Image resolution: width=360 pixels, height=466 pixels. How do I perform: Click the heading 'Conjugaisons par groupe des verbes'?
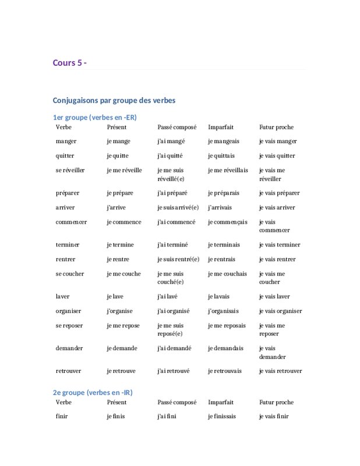click(x=114, y=100)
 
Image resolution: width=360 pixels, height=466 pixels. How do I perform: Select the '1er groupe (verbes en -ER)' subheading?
click(x=94, y=117)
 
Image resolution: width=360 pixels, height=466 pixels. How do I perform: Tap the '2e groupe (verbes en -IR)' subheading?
click(x=93, y=393)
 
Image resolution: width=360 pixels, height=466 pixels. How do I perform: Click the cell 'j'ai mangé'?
click(x=172, y=141)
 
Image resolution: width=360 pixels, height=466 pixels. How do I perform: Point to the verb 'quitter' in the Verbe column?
click(x=65, y=156)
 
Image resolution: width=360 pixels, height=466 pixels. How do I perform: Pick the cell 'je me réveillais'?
click(x=228, y=170)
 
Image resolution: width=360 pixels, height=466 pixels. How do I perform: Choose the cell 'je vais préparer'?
click(x=280, y=193)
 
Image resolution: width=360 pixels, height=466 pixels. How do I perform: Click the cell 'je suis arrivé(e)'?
click(x=178, y=207)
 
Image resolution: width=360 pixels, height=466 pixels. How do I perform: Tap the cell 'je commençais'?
click(x=228, y=222)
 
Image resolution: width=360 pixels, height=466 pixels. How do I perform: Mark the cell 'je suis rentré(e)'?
click(x=178, y=259)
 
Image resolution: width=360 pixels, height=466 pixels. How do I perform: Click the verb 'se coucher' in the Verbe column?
click(x=70, y=274)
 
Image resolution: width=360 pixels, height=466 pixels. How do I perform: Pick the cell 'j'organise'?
click(x=120, y=311)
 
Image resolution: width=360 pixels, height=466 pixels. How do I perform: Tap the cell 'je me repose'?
click(x=123, y=326)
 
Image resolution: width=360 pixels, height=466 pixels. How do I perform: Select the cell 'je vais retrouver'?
click(x=281, y=371)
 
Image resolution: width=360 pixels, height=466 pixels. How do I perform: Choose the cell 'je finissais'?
click(x=225, y=416)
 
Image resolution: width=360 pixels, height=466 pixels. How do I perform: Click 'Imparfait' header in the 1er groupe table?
click(x=221, y=127)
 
